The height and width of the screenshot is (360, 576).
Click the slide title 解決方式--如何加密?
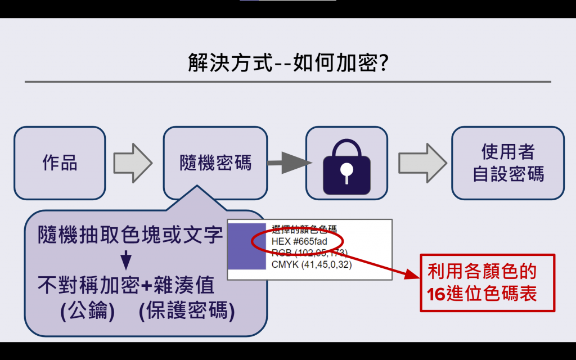288,62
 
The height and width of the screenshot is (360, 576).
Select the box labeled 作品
60,163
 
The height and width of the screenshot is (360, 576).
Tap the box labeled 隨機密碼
215,163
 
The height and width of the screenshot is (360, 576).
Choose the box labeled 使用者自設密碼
508,163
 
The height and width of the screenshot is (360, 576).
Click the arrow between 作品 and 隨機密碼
133,163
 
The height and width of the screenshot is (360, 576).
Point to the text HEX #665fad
299,241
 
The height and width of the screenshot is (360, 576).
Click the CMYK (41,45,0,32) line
312,264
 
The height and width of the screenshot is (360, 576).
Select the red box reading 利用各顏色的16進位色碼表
488,283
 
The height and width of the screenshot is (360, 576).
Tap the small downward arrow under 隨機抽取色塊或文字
127,260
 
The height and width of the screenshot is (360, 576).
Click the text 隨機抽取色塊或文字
130,235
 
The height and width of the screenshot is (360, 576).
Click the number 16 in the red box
435,294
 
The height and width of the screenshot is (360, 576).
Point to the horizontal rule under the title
288,82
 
